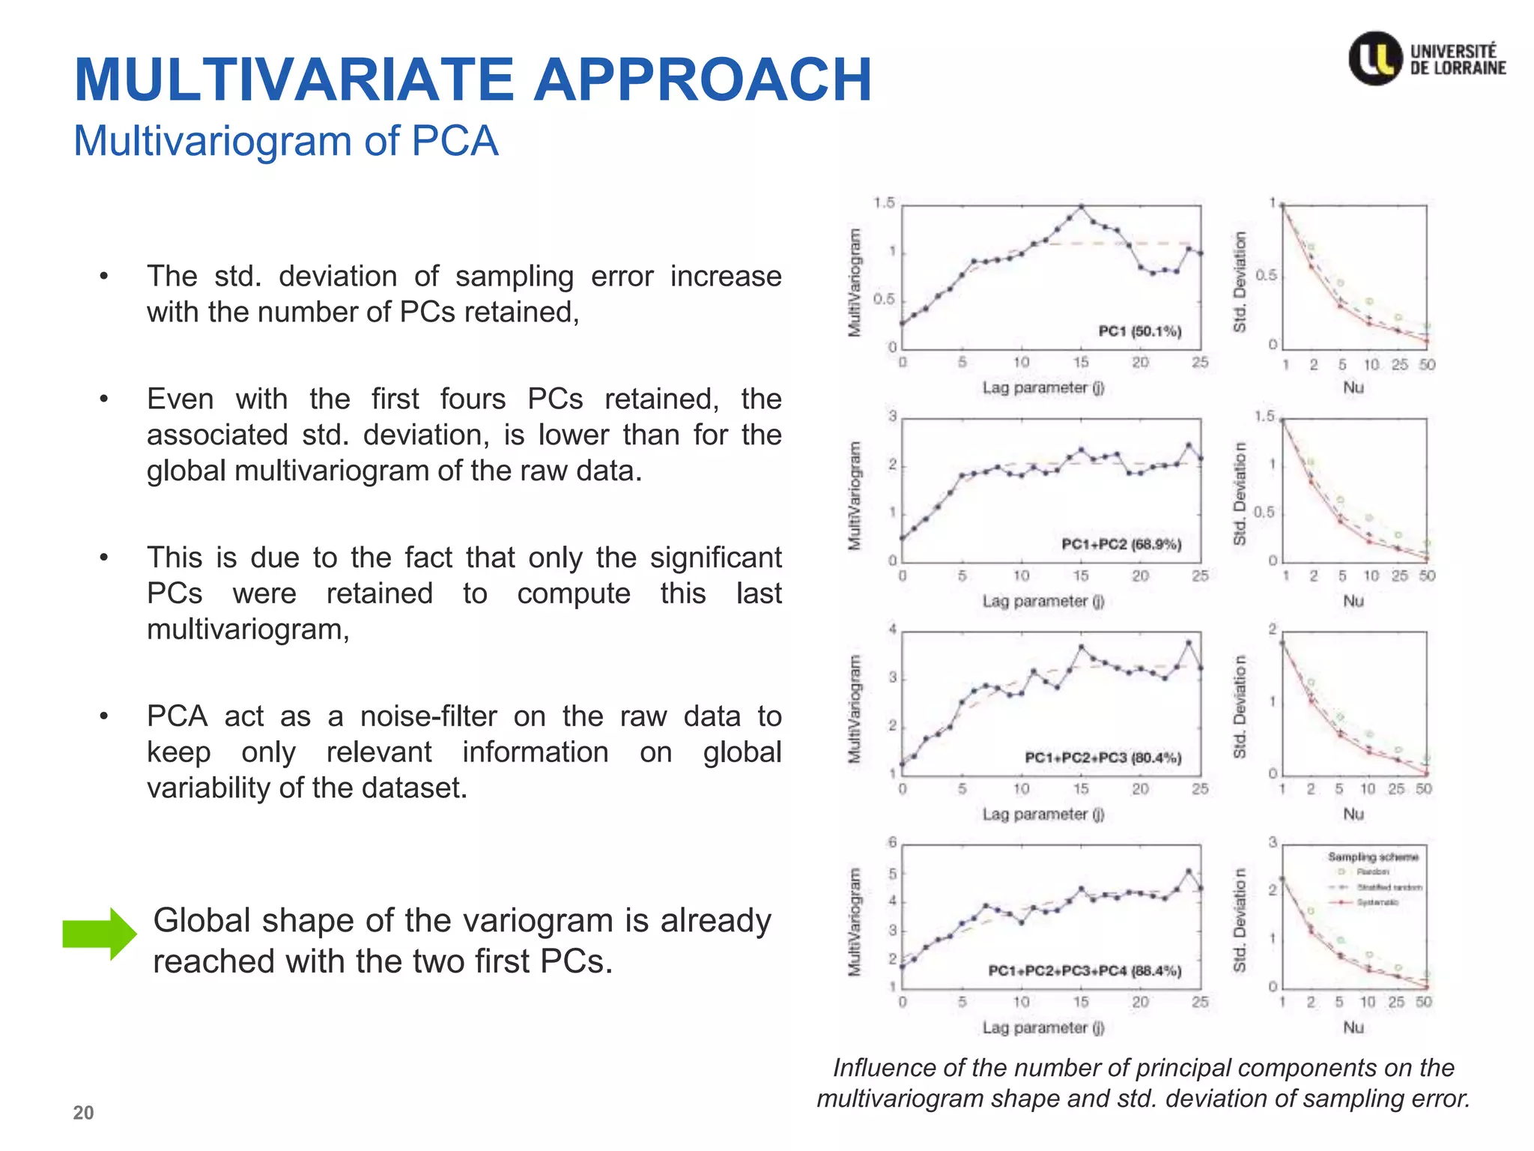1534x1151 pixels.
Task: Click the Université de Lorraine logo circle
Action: click(x=1375, y=58)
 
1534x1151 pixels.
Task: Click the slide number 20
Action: click(x=83, y=1113)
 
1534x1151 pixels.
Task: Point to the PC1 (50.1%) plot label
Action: click(x=1139, y=331)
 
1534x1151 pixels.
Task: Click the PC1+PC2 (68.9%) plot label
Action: click(x=1121, y=544)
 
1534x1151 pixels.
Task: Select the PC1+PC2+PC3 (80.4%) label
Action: click(x=1103, y=758)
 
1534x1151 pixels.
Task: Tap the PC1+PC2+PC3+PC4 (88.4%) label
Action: click(x=1085, y=971)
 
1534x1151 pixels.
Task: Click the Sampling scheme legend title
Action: click(x=1373, y=857)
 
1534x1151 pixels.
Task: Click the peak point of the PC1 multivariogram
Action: click(x=1081, y=207)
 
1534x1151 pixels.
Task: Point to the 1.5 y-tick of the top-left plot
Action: click(x=884, y=203)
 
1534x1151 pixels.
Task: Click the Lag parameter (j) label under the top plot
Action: click(x=1043, y=388)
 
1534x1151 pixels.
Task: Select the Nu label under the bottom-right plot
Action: click(x=1353, y=1027)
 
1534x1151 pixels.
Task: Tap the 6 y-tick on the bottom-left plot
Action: click(x=892, y=842)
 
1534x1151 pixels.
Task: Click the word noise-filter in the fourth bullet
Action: click(x=428, y=716)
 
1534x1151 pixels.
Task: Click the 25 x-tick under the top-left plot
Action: click(x=1199, y=363)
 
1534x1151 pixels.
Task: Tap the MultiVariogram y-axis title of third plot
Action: click(x=854, y=709)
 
